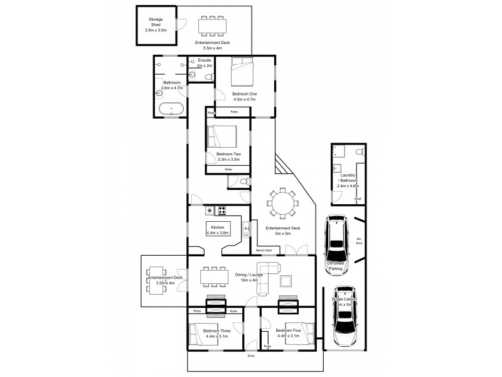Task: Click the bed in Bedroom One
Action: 244,72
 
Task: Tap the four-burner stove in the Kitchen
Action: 222,210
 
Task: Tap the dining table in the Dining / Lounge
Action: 211,276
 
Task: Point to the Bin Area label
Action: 358,240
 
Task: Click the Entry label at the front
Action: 251,355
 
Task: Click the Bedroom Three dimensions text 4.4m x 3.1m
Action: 216,336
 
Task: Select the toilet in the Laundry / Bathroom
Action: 358,151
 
